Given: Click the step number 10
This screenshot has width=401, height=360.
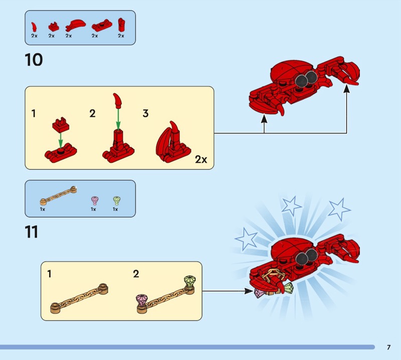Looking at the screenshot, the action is (x=34, y=60).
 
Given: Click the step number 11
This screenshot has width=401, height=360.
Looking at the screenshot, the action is (x=32, y=232).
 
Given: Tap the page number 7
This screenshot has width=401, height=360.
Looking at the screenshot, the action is (x=388, y=347).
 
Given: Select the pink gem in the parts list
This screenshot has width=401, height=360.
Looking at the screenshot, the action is (x=95, y=201).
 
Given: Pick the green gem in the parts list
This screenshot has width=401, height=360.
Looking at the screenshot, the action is (x=117, y=201).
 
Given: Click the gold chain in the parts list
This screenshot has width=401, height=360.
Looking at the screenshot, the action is (x=58, y=196).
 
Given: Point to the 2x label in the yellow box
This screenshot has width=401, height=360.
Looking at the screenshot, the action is (x=201, y=159).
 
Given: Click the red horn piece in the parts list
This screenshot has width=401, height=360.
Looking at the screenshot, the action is (x=34, y=27).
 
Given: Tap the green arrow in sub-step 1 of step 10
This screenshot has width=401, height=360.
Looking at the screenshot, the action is (x=60, y=140).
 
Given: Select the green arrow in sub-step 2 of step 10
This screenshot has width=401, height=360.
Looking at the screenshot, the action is (x=118, y=119).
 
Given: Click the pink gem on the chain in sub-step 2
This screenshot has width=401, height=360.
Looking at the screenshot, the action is (x=142, y=300).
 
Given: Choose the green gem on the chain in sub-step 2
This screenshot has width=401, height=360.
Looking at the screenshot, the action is (x=189, y=281).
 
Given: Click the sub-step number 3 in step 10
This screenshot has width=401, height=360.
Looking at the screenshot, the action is (x=145, y=113).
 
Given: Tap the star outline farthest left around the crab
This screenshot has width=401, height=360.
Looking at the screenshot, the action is (x=246, y=239).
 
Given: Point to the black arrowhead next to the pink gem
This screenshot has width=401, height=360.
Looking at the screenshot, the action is (x=249, y=291).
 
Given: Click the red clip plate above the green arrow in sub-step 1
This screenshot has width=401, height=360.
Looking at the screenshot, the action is (x=61, y=125).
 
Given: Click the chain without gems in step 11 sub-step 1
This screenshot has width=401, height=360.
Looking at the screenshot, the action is (x=79, y=298).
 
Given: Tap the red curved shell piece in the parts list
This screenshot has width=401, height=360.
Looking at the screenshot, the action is (x=76, y=25).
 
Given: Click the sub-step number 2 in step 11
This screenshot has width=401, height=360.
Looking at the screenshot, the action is (x=136, y=274).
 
